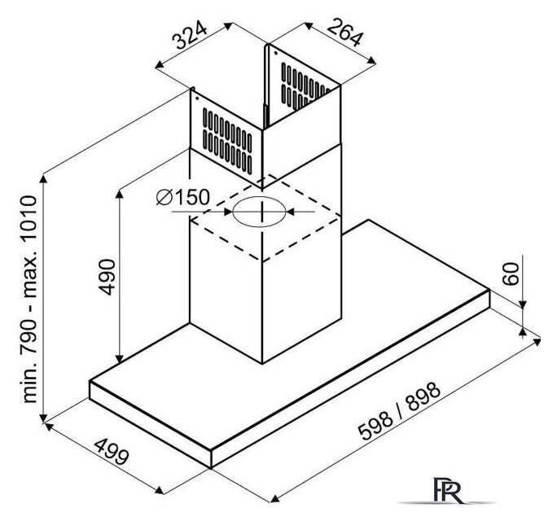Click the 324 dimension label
coord(190,35)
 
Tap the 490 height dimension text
coord(107,278)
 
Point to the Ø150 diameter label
coord(183,197)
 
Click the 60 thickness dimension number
coord(511,274)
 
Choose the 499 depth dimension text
coord(112,452)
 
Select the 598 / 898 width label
coord(400,411)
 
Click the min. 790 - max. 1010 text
coord(29,299)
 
